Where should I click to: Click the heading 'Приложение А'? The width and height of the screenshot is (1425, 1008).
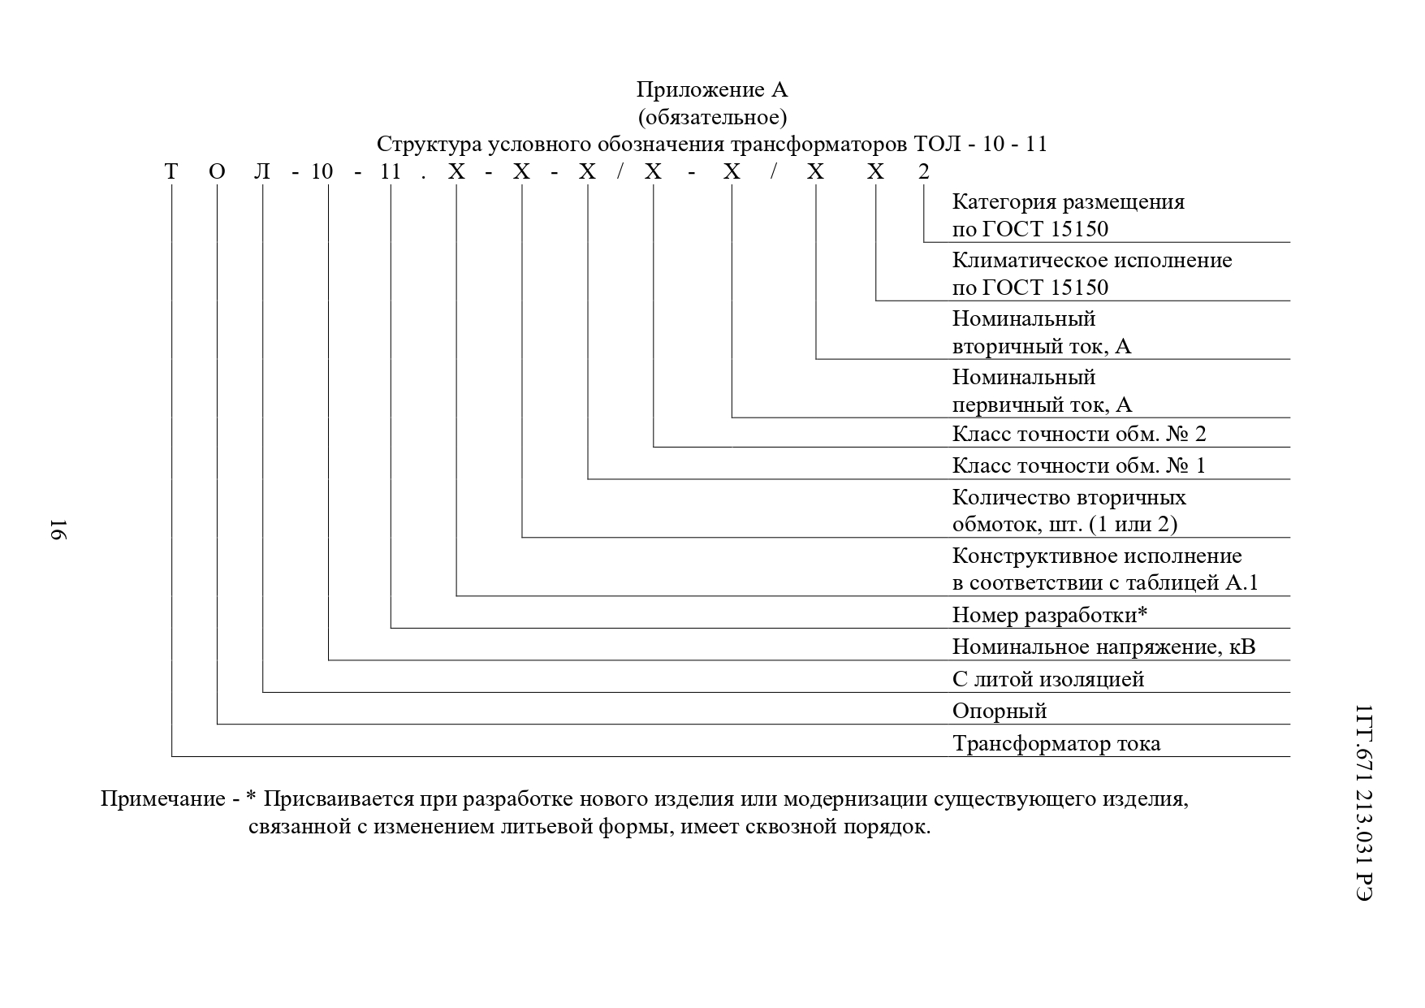click(711, 89)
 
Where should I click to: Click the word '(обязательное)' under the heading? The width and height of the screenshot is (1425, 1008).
click(711, 117)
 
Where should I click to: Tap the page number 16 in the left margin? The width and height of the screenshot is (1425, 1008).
click(59, 529)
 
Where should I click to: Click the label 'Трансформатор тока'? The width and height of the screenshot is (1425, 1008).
click(1056, 743)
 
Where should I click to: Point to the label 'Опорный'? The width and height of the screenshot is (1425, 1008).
click(999, 712)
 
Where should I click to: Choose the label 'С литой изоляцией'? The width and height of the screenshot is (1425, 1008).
click(1047, 679)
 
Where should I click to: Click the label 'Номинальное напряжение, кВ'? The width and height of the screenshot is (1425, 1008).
click(1103, 647)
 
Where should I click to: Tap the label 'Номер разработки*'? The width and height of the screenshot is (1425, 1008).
click(1049, 616)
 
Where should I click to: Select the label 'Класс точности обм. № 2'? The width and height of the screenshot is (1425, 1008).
click(1078, 434)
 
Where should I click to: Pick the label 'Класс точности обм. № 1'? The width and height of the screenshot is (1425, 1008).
click(1078, 465)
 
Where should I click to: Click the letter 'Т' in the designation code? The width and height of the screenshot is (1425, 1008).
click(171, 171)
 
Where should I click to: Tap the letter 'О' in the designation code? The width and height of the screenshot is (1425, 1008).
click(217, 171)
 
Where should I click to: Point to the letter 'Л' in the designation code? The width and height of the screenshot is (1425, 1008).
click(262, 171)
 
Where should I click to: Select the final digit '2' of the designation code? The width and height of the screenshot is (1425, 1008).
click(923, 171)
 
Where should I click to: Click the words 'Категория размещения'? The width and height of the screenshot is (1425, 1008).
click(1068, 201)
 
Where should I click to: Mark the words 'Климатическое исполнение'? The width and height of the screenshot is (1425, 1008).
click(1091, 260)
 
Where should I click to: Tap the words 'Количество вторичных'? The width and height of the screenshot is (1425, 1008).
click(1069, 497)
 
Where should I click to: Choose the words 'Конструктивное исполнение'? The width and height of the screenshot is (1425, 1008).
click(1096, 556)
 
